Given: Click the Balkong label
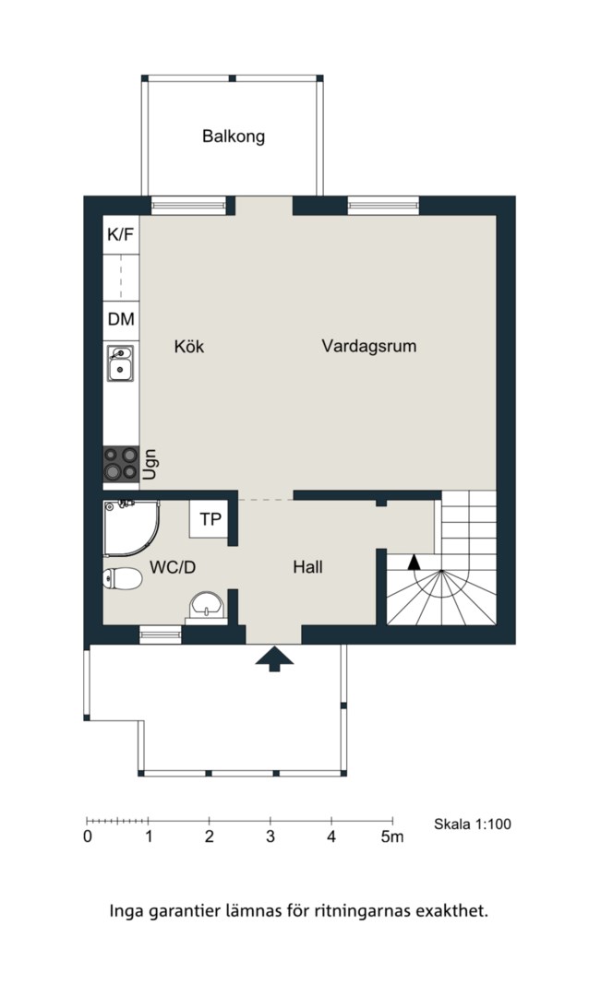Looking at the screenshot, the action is point(234,136).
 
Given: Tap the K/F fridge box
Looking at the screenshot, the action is point(121,235).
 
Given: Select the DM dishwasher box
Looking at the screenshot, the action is point(121,319).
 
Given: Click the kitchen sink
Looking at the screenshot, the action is point(120,363).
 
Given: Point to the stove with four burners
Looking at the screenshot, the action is point(121,463).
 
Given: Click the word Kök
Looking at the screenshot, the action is point(189,347).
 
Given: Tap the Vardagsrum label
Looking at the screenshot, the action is point(369,346).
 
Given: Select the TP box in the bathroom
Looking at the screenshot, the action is point(210,519).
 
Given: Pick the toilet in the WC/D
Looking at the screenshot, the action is point(122,578).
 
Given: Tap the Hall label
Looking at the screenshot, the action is point(307,567).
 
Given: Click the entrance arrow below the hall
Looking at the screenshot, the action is point(275,659).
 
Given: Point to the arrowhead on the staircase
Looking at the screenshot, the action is point(414,561).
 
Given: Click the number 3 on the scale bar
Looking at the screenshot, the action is point(270,836).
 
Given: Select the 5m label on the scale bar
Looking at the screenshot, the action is point(392,836).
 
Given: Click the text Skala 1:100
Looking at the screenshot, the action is point(473,824).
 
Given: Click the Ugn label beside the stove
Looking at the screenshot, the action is point(150,464).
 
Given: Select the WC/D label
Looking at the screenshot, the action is point(173,567).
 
